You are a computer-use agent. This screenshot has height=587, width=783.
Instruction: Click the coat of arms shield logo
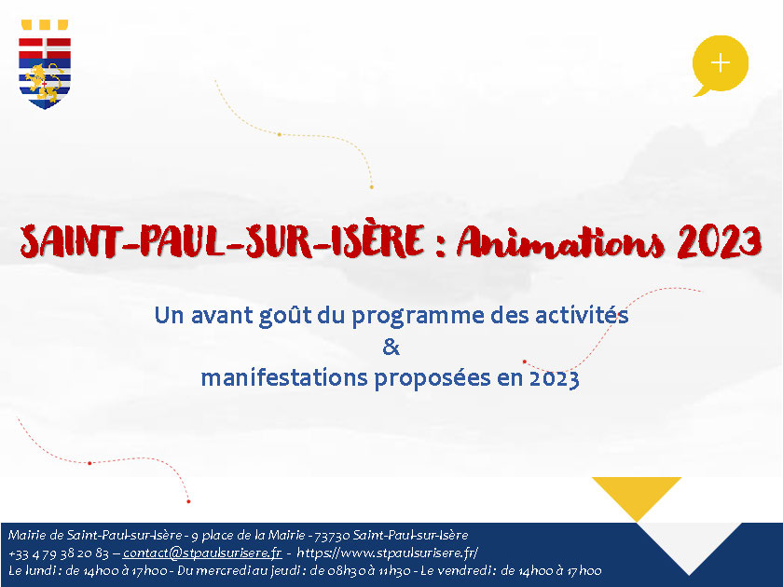(x=45, y=65)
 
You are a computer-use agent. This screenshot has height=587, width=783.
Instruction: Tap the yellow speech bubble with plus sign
(x=720, y=65)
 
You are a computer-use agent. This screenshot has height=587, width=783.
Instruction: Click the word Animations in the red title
(x=560, y=242)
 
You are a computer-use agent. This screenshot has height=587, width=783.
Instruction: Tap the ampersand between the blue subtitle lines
(x=391, y=347)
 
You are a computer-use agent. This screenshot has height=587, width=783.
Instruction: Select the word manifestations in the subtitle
(x=284, y=378)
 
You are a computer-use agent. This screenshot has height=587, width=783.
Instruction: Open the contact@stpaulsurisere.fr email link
(x=202, y=553)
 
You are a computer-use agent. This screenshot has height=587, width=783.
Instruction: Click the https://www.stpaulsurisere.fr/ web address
(x=388, y=553)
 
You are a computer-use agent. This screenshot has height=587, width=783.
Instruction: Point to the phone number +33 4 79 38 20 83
(x=59, y=553)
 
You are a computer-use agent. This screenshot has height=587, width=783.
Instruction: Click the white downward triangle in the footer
(x=689, y=544)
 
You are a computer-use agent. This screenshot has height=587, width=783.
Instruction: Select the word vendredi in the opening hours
(x=468, y=570)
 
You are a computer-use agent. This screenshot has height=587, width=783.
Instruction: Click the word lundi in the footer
(x=40, y=570)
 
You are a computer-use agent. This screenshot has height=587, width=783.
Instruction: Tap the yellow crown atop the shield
(x=45, y=25)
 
